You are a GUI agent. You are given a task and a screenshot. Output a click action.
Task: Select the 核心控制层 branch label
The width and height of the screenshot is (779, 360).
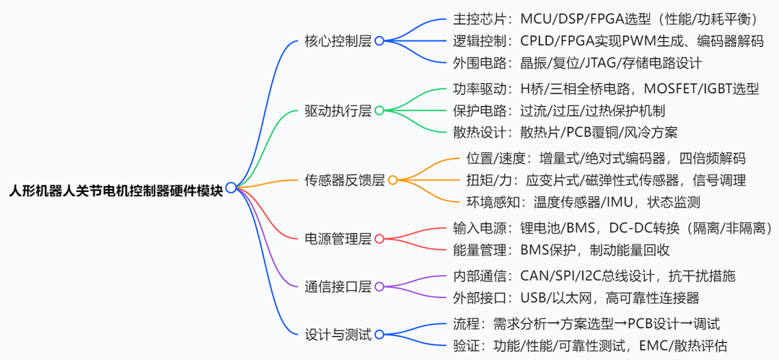338,41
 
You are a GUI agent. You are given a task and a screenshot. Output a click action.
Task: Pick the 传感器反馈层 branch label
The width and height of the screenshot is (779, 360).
345,180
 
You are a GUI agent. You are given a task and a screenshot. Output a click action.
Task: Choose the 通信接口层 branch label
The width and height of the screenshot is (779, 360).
338,286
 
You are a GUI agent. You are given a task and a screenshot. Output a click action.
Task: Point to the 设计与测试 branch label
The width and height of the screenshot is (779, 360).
338,334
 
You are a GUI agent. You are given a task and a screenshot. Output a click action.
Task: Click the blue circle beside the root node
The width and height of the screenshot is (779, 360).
231,188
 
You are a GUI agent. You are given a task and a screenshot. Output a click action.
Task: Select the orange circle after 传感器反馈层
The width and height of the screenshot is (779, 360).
393,180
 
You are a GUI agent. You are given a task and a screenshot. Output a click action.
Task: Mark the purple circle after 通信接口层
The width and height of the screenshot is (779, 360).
379,286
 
